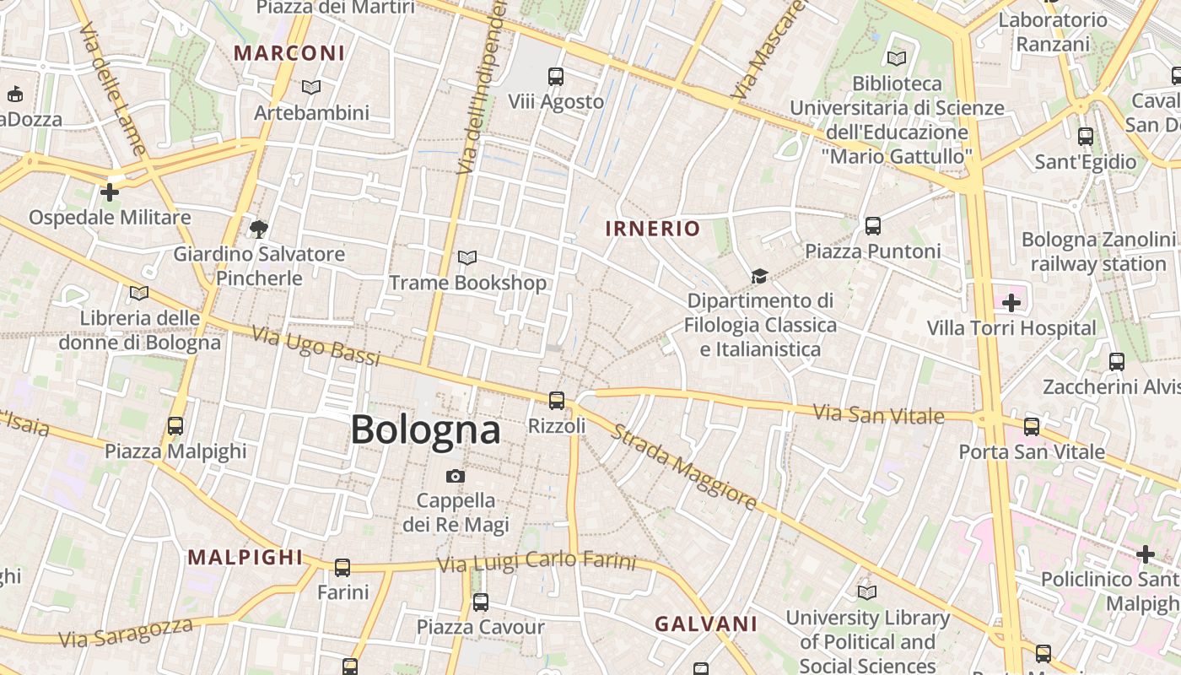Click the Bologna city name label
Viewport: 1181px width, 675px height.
click(425, 429)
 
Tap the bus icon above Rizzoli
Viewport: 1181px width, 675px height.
click(556, 401)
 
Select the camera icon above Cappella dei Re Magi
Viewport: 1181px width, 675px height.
click(456, 477)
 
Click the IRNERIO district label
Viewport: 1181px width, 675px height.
click(653, 229)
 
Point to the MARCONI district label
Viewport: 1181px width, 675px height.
click(289, 53)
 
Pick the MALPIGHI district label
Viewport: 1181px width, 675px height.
click(245, 557)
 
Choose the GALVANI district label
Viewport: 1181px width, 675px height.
click(706, 624)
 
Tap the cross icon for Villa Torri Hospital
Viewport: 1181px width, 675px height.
click(1011, 302)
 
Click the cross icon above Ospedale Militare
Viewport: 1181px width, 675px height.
click(109, 192)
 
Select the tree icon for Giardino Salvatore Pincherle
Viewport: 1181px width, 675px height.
click(259, 229)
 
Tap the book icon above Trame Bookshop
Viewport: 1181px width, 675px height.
click(466, 257)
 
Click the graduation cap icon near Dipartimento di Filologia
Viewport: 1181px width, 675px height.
click(759, 276)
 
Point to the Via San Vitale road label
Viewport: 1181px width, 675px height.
click(878, 414)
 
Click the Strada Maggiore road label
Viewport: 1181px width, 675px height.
click(683, 467)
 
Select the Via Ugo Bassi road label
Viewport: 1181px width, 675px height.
click(316, 346)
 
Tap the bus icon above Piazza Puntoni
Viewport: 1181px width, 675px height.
click(872, 226)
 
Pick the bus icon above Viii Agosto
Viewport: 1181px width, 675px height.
click(555, 77)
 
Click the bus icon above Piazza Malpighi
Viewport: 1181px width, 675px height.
click(175, 426)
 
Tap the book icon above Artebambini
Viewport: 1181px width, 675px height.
click(311, 87)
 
